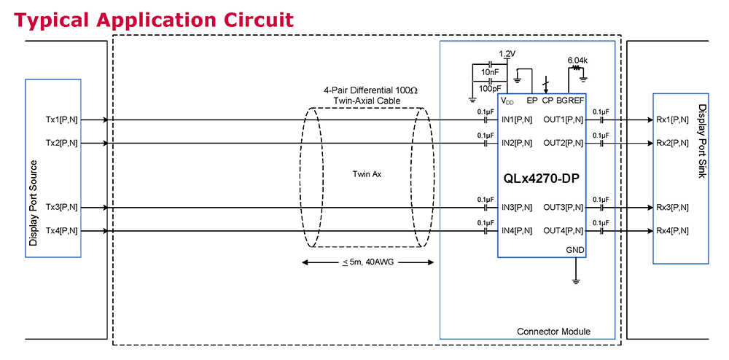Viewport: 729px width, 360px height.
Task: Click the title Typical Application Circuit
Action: pyautogui.click(x=154, y=20)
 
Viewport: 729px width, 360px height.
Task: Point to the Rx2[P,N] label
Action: pyautogui.click(x=672, y=143)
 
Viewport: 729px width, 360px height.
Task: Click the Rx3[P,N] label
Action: pyautogui.click(x=672, y=208)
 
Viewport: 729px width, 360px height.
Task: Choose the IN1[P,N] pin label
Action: pyautogui.click(x=517, y=120)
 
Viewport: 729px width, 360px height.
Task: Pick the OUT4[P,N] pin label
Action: pyautogui.click(x=564, y=231)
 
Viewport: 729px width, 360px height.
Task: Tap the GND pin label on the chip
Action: pyautogui.click(x=575, y=249)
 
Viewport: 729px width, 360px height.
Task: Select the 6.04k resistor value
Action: pyautogui.click(x=578, y=60)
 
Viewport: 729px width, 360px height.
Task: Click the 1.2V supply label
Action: pyautogui.click(x=507, y=54)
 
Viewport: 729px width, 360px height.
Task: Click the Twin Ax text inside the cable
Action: pyautogui.click(x=367, y=174)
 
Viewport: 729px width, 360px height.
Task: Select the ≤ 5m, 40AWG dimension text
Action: pyautogui.click(x=367, y=263)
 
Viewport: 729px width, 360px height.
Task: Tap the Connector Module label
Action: pyautogui.click(x=553, y=332)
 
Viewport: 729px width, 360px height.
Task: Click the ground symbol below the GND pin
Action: pyautogui.click(x=576, y=280)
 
